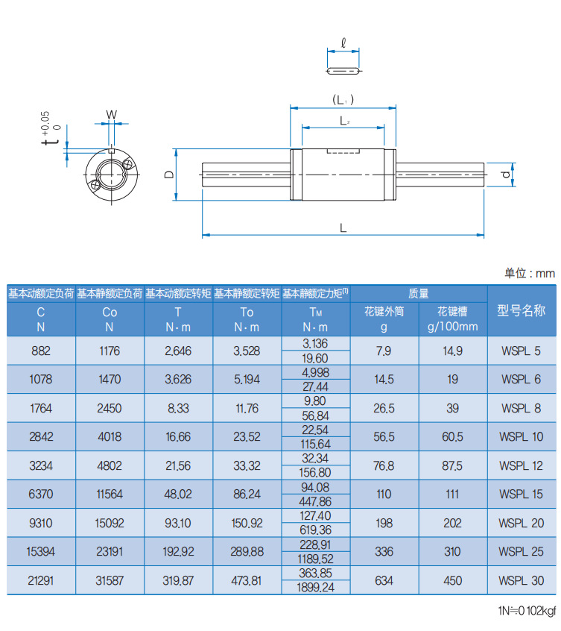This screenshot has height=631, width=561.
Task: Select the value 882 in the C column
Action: pyautogui.click(x=42, y=351)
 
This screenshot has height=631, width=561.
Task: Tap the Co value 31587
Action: pyautogui.click(x=110, y=580)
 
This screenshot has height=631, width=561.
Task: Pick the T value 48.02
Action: pyautogui.click(x=178, y=494)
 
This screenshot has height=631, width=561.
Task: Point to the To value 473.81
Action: pyautogui.click(x=247, y=580)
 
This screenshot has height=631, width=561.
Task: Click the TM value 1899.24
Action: pyautogui.click(x=316, y=588)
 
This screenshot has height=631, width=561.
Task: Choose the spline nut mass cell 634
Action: pyautogui.click(x=384, y=580)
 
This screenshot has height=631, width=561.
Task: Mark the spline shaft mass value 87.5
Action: pyautogui.click(x=452, y=465)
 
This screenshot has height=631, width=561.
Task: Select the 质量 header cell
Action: pyautogui.click(x=418, y=294)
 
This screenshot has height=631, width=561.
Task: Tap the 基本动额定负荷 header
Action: pyautogui.click(x=42, y=294)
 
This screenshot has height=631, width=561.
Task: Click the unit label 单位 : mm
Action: pyautogui.click(x=530, y=273)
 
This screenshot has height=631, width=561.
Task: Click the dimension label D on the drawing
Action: pyautogui.click(x=169, y=174)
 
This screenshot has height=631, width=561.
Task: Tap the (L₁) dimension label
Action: pyautogui.click(x=343, y=99)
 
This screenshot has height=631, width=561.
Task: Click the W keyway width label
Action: pyautogui.click(x=111, y=115)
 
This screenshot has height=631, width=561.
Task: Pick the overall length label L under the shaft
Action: pyautogui.click(x=343, y=227)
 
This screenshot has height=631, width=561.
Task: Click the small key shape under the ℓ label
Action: pyautogui.click(x=343, y=71)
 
